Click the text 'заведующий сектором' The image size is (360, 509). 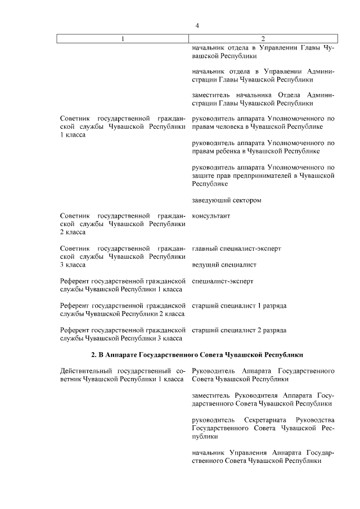(x=226, y=200)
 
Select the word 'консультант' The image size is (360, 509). (x=211, y=216)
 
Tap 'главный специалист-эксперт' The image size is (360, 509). (x=236, y=248)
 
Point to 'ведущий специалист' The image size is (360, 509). (x=224, y=264)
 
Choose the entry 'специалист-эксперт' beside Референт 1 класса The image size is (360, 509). (x=223, y=281)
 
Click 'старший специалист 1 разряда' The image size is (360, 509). (x=239, y=305)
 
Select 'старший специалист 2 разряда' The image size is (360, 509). (x=239, y=330)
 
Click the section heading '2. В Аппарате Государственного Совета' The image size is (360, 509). (x=197, y=355)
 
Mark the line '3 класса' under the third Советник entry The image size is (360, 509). (x=73, y=264)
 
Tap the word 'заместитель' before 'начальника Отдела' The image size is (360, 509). (x=211, y=95)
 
